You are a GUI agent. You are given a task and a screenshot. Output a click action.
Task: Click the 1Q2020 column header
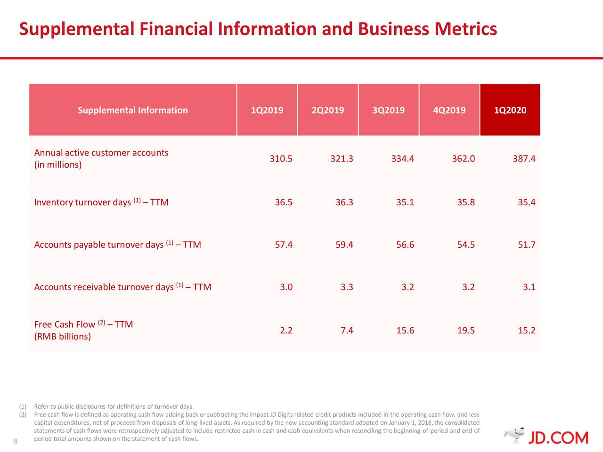point(510,110)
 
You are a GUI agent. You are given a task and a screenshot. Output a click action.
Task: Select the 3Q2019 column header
point(388,110)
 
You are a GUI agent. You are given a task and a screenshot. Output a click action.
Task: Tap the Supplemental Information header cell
point(132,110)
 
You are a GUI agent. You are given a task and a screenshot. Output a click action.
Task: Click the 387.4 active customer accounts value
point(524,159)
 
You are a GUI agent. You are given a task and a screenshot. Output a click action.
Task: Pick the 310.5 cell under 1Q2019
point(281,159)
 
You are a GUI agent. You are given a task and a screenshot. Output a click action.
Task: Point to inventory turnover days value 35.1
point(405,202)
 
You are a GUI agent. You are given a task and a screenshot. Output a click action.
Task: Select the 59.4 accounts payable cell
point(344,245)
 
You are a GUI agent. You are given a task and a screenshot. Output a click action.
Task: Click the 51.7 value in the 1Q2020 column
point(526,245)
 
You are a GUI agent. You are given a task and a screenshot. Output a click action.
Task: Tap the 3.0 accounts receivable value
point(286,287)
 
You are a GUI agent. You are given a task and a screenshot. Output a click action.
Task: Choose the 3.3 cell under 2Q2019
point(347,287)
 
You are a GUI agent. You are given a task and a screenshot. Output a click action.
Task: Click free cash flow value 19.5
point(465,331)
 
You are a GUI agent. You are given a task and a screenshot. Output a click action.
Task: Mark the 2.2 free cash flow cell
point(286,331)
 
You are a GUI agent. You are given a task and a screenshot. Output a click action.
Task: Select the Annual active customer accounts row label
point(101,153)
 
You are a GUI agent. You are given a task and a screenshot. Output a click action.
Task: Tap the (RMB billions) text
point(62,337)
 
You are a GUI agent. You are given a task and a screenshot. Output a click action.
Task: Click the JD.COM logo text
point(558,437)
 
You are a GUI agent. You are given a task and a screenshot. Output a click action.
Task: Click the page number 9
point(15,442)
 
